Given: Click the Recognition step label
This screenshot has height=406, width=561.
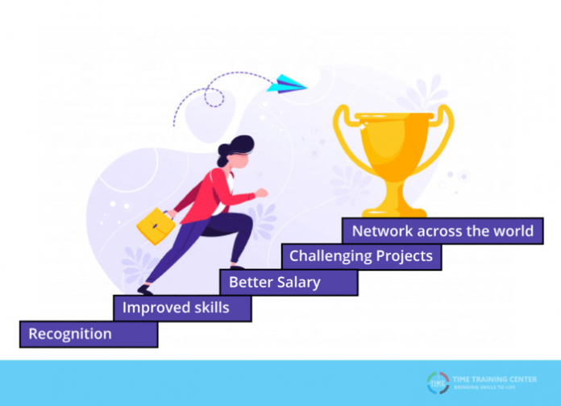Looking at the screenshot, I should [x=71, y=333].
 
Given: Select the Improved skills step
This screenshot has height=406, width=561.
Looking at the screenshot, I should [x=176, y=308].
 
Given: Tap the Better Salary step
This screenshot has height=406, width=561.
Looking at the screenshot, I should [x=275, y=282].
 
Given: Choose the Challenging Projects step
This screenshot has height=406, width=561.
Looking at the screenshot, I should [x=361, y=256].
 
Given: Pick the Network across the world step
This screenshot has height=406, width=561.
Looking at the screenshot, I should [x=443, y=231].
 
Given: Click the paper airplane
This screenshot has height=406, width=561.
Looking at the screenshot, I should [x=286, y=82].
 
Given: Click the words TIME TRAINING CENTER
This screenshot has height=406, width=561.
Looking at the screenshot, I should [x=494, y=379].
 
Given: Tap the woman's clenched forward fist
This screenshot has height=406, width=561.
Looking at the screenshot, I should [x=261, y=193].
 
